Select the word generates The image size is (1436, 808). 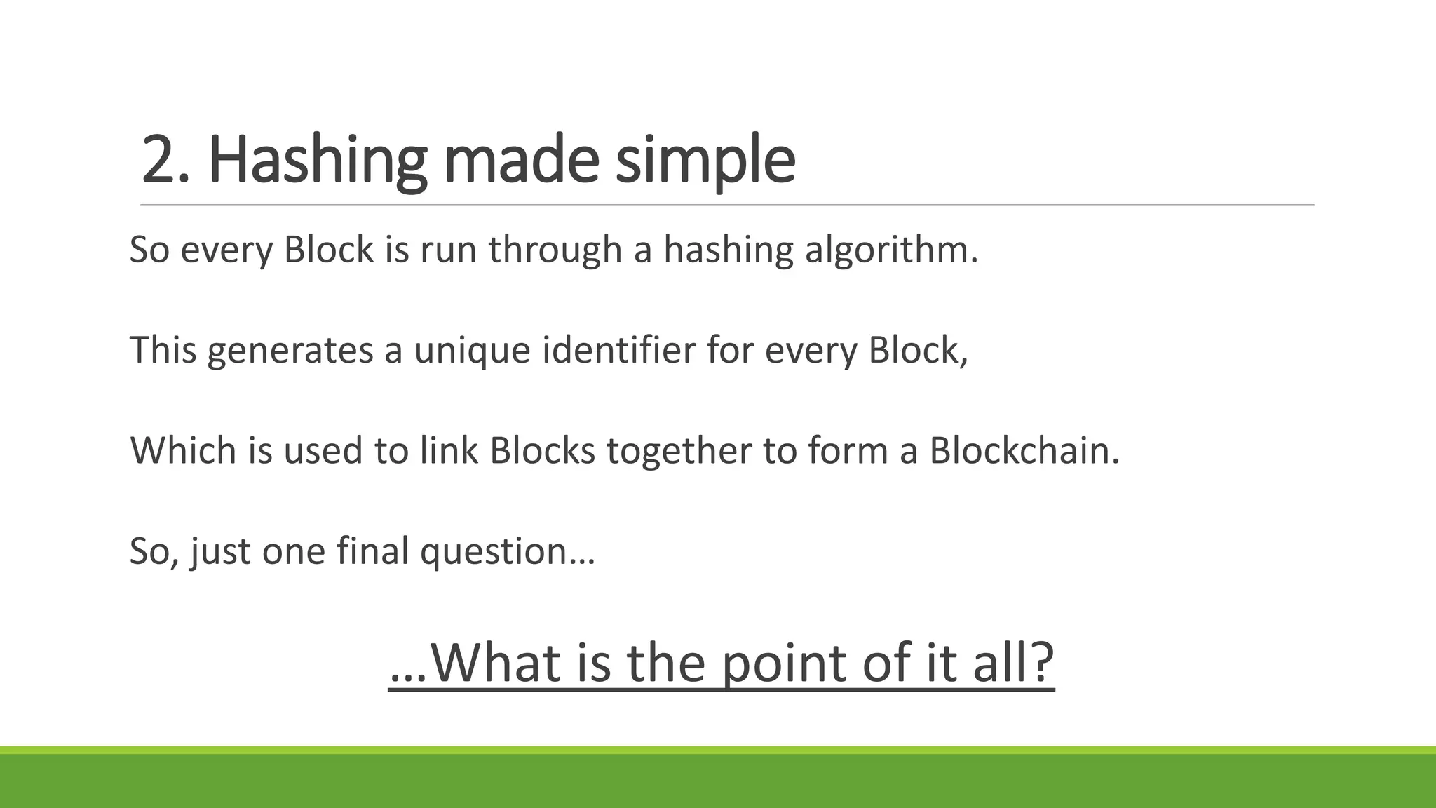click(290, 350)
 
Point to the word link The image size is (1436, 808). click(449, 450)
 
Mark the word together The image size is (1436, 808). click(679, 450)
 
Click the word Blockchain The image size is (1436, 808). click(1024, 450)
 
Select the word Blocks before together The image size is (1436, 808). click(542, 450)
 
